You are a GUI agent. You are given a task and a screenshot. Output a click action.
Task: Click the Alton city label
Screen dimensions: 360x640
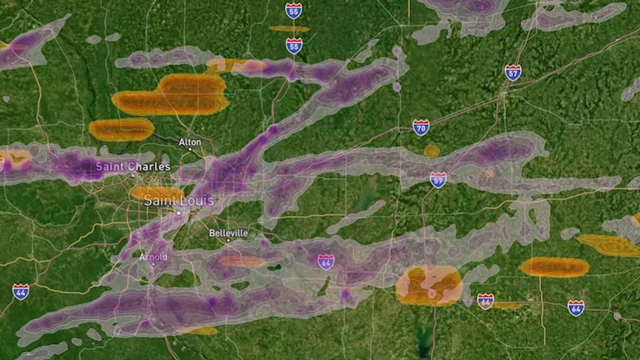click(x=190, y=142)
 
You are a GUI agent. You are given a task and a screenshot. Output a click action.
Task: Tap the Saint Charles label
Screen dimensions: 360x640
click(x=132, y=167)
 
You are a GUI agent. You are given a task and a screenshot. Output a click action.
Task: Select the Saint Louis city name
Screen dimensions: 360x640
click(x=178, y=201)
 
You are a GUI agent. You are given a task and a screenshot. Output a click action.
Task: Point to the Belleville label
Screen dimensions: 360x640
click(x=228, y=233)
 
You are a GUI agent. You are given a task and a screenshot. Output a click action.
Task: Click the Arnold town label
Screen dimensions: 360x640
click(x=153, y=257)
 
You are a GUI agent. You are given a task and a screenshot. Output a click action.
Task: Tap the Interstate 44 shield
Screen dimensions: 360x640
click(x=20, y=291)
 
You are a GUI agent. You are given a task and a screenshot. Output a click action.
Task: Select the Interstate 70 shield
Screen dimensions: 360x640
click(x=421, y=127)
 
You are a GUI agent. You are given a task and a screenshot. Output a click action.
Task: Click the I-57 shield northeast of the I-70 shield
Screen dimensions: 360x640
click(x=512, y=72)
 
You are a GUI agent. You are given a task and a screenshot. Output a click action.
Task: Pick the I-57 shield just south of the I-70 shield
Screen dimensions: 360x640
click(x=438, y=179)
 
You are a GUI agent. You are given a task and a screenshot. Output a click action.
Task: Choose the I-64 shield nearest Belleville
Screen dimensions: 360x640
click(x=326, y=262)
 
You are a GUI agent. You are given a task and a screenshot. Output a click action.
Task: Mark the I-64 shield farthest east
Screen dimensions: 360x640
click(x=576, y=307)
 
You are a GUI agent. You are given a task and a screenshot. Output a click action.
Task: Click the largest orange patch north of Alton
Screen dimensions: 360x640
click(x=172, y=94)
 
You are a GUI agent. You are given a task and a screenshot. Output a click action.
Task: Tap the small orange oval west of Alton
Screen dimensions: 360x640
click(x=121, y=129)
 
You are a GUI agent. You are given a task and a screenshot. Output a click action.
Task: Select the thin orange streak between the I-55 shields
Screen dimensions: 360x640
click(x=289, y=29)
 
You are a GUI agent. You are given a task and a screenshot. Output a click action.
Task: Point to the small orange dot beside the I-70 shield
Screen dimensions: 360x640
click(x=432, y=151)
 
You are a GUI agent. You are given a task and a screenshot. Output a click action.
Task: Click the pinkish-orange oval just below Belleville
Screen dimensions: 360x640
click(x=242, y=261)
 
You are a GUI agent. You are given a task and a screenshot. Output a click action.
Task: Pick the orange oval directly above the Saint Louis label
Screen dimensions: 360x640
click(x=157, y=193)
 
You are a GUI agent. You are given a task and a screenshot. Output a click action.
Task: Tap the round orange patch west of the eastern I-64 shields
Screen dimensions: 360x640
click(x=429, y=285)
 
